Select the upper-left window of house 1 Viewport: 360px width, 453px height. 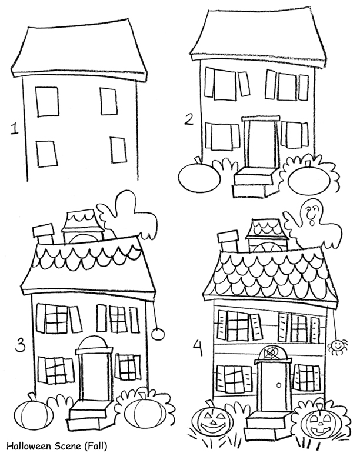[47, 101]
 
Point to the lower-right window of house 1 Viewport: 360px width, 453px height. [118, 149]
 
